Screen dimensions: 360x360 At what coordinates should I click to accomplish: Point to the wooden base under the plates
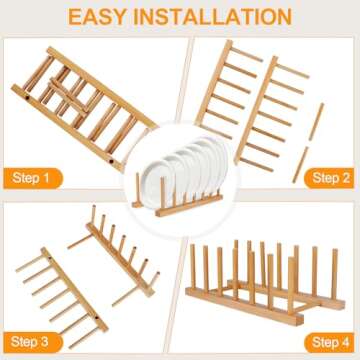tap(180, 204)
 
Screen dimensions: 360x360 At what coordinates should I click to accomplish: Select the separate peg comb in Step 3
tap(55, 295)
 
